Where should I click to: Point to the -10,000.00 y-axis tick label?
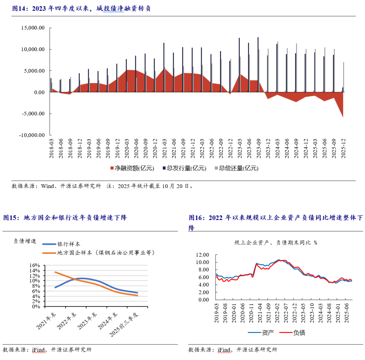32,135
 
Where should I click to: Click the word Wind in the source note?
47,186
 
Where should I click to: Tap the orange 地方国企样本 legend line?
49,253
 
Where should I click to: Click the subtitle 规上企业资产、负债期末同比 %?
275,243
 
